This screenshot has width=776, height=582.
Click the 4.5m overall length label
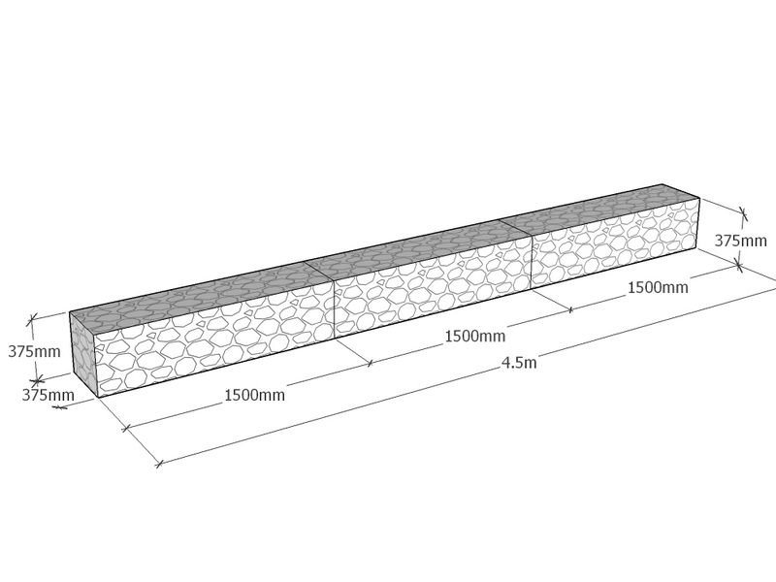(x=519, y=362)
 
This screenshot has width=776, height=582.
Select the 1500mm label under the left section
(x=255, y=395)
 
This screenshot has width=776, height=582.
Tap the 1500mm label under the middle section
(x=475, y=337)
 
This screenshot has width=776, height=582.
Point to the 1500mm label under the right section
(x=658, y=287)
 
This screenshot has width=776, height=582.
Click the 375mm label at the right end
(x=741, y=241)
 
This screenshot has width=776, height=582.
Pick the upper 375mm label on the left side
(x=34, y=351)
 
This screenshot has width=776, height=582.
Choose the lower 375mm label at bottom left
(x=48, y=395)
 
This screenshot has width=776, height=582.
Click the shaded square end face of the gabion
(x=82, y=354)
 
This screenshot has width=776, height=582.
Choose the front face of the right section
(x=616, y=242)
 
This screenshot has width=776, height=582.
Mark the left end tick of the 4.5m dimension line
(x=159, y=465)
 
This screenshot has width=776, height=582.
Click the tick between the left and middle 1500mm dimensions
(x=371, y=363)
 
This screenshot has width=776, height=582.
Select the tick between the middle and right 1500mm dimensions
(x=570, y=310)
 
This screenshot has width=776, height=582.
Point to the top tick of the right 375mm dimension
(x=743, y=213)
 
